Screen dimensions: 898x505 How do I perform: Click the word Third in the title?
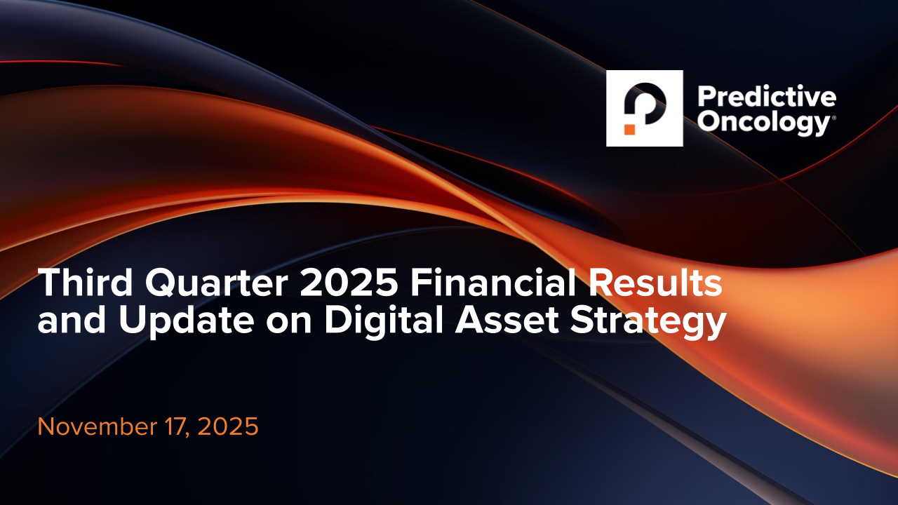pyautogui.click(x=85, y=282)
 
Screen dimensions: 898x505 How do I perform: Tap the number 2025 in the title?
pyautogui.click(x=349, y=283)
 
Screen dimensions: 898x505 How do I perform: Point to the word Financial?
pyautogui.click(x=493, y=282)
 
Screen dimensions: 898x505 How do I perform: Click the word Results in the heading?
pyautogui.click(x=655, y=282)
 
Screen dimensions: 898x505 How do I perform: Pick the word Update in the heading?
pyautogui.click(x=187, y=322)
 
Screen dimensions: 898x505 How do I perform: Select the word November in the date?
pyautogui.click(x=98, y=426)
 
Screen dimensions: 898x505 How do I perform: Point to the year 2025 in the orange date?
pyautogui.click(x=228, y=426)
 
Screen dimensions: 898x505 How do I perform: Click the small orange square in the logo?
pyautogui.click(x=630, y=129)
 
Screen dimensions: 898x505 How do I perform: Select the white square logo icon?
pyautogui.click(x=645, y=108)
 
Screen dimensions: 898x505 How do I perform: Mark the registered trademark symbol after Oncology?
pyautogui.click(x=834, y=118)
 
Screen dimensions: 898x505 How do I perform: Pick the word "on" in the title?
pyautogui.click(x=289, y=323)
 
